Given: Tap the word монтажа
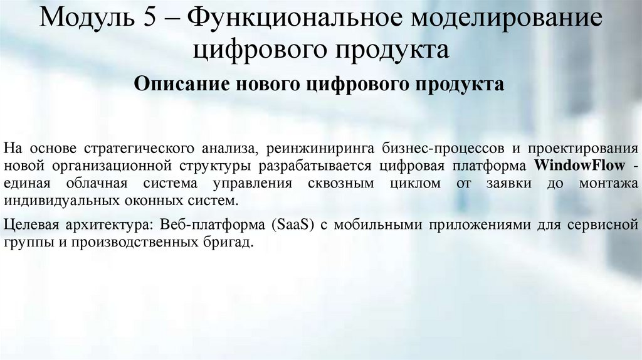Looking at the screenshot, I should (608, 184).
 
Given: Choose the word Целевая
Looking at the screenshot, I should (29, 224).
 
